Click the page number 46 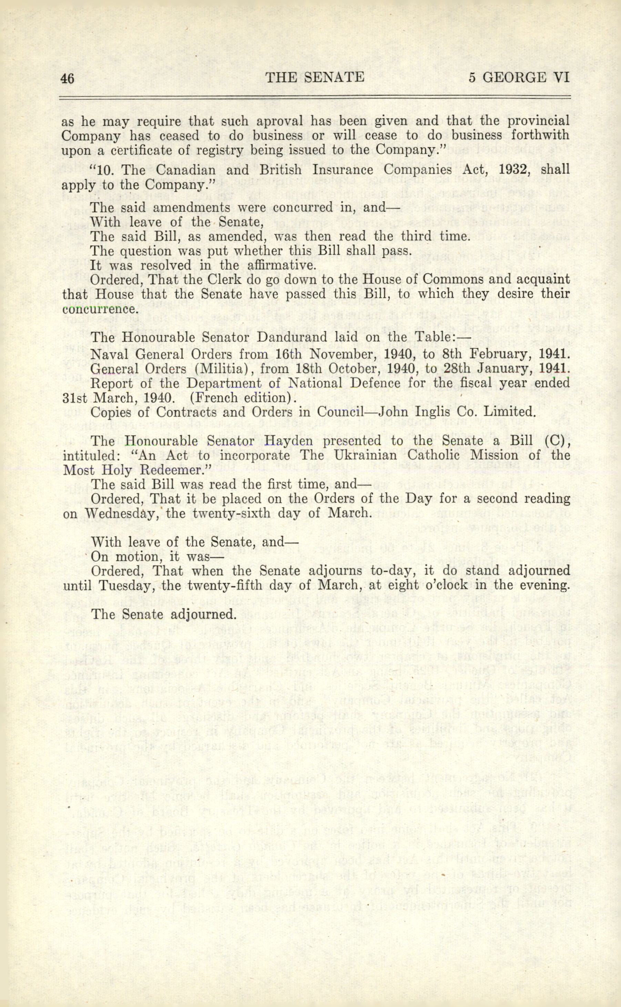(x=68, y=78)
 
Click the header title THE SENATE (x=315, y=77)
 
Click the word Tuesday (x=124, y=585)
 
